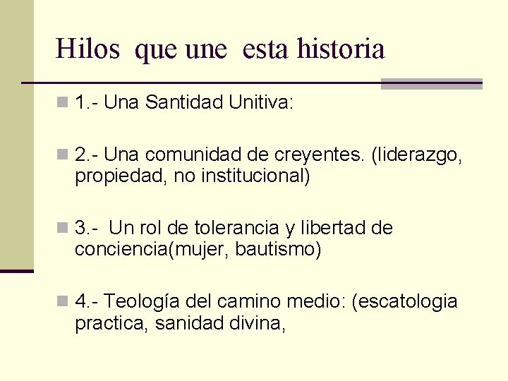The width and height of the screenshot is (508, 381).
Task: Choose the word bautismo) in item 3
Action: point(278,248)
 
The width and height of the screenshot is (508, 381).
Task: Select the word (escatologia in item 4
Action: point(408,302)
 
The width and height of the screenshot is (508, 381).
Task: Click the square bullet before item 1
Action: point(64,104)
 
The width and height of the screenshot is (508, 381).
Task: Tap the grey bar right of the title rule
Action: point(431,83)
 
